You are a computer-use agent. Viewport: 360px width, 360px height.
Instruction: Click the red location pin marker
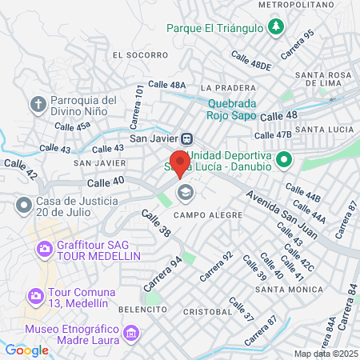coord(180,162)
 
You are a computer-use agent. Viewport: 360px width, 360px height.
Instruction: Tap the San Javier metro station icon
coord(186,137)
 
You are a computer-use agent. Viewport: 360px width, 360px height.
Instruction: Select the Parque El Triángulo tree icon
coord(275,28)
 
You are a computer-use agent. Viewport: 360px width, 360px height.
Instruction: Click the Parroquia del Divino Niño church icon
coord(38,104)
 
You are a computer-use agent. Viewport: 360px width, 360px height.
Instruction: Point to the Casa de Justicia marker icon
coord(23,206)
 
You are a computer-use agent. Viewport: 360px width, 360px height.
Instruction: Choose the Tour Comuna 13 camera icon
coord(35,297)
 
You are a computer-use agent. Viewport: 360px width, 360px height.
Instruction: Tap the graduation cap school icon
coord(186,192)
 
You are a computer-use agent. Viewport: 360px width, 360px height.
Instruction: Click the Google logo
coord(26,350)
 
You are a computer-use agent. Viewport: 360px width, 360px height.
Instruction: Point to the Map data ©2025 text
coord(326,354)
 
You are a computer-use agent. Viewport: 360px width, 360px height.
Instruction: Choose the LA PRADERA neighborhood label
coord(228,87)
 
